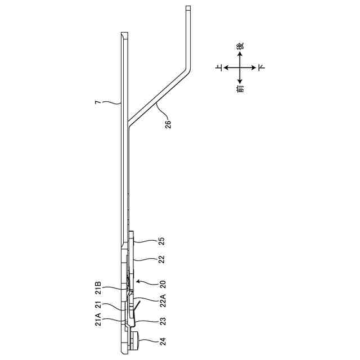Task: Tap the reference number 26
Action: click(x=168, y=124)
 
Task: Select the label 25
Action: click(x=162, y=241)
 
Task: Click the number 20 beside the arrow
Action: click(x=163, y=284)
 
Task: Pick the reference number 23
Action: click(x=163, y=321)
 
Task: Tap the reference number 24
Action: click(x=163, y=341)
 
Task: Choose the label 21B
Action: click(x=98, y=287)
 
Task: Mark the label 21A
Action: click(x=98, y=319)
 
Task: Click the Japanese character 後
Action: click(x=240, y=46)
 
